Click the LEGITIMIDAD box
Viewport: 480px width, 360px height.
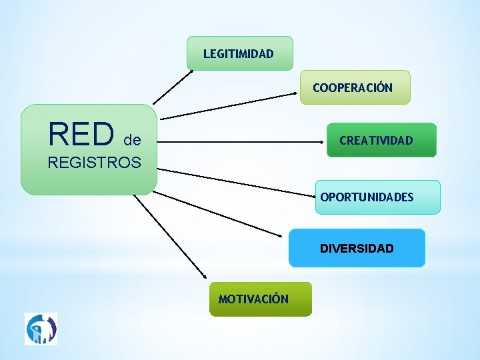coord(239,53)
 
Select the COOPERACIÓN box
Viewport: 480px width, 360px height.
coord(355,87)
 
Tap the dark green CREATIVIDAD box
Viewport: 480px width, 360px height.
coord(381,140)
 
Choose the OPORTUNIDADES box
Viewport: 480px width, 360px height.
coord(377,197)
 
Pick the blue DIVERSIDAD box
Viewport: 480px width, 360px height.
coord(357,248)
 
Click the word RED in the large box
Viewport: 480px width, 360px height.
coord(81,133)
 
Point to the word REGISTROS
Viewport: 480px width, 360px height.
coord(94,162)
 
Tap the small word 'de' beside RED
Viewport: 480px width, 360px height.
coord(132,140)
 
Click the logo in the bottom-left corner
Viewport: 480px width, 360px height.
coord(41,329)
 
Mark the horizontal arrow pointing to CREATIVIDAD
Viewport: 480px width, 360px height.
coord(240,141)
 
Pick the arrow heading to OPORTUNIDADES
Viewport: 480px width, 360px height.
coord(237,183)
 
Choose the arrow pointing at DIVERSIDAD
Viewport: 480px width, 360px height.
coord(217,213)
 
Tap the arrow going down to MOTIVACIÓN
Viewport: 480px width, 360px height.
coord(170,237)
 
